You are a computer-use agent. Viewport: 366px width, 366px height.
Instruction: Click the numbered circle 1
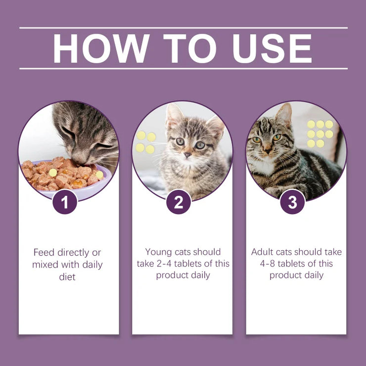point(65,202)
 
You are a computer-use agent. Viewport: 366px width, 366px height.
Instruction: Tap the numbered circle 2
point(179,202)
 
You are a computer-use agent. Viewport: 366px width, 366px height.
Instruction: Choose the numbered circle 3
point(292,202)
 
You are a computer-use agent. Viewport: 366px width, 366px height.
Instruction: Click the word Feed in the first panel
point(44,252)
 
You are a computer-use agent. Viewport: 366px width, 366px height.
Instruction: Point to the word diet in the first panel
point(67,277)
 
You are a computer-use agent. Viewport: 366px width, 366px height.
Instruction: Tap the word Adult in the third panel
point(262,252)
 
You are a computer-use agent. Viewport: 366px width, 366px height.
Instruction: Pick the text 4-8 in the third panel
point(269,264)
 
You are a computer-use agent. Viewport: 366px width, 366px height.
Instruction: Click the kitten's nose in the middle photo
point(187,155)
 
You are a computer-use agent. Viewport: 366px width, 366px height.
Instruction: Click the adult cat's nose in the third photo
point(268,148)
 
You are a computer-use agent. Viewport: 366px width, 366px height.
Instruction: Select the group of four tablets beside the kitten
point(145,142)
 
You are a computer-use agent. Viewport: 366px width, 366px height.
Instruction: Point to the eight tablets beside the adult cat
point(320,134)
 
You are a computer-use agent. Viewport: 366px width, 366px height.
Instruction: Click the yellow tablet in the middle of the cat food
point(53,173)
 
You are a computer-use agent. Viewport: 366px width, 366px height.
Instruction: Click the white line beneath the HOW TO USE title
point(183,69)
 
